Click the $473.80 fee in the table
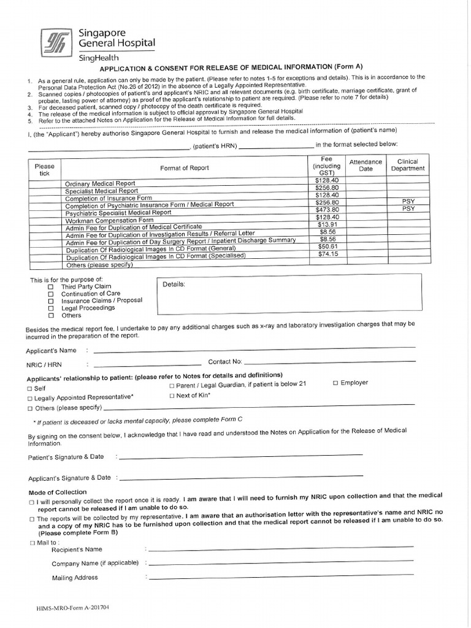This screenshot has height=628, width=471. pyautogui.click(x=326, y=210)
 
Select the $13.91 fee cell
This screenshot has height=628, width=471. pyautogui.click(x=326, y=224)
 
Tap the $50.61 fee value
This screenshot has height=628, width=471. pyautogui.click(x=326, y=246)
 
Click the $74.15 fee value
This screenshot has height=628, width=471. pyautogui.click(x=326, y=254)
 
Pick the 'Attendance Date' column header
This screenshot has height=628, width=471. pyautogui.click(x=366, y=166)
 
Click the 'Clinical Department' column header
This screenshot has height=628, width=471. pyautogui.click(x=408, y=166)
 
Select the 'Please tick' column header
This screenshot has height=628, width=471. pyautogui.click(x=44, y=170)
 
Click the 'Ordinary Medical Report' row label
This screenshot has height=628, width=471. pyautogui.click(x=100, y=184)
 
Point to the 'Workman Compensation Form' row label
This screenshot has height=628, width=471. pyautogui.click(x=109, y=220)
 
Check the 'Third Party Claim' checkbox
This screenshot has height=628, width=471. pyautogui.click(x=51, y=286)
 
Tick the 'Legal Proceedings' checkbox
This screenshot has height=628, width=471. pyautogui.click(x=51, y=308)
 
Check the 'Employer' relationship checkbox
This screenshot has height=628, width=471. pyautogui.click(x=335, y=383)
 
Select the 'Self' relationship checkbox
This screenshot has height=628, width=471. pyautogui.click(x=29, y=389)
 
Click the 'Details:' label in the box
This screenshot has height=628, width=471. pyautogui.click(x=174, y=285)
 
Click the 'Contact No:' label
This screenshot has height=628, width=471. pyautogui.click(x=225, y=362)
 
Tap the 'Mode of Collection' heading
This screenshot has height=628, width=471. pyautogui.click(x=58, y=492)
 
